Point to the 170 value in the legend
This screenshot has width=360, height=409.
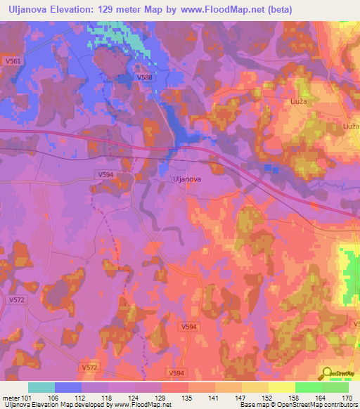click(345, 397)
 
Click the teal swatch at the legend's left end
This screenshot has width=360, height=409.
click(41, 387)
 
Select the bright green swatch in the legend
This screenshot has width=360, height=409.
click(308, 387)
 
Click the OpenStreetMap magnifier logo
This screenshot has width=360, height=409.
click(326, 373)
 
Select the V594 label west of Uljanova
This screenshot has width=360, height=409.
click(104, 174)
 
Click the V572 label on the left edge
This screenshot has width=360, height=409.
click(16, 299)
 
